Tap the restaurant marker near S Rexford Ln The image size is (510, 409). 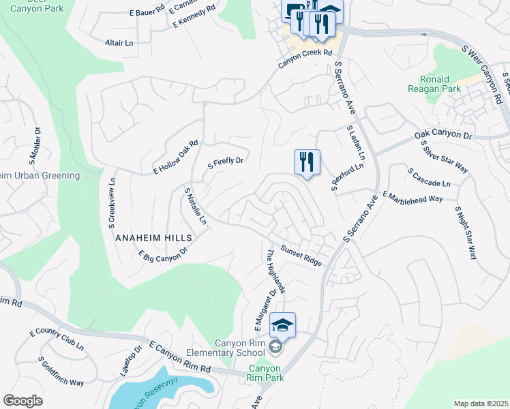point(306,162)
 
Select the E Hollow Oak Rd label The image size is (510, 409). point(176,158)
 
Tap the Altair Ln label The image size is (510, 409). point(119,43)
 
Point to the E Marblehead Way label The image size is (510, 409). point(412,196)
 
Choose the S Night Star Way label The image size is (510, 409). point(466,233)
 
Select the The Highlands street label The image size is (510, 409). point(276,271)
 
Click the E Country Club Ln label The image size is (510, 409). point(57,339)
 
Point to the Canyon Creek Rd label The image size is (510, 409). point(304,60)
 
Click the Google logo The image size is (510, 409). point(22,401)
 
